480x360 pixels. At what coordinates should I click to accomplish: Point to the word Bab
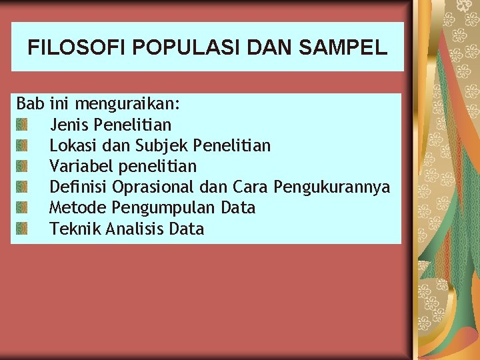click(30, 104)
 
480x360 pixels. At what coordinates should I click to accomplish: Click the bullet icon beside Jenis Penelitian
click(22, 125)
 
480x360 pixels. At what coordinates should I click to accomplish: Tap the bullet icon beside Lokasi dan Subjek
click(22, 145)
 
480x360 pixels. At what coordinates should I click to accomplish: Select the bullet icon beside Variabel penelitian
click(22, 166)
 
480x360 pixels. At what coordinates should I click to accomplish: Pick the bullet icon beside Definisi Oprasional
click(22, 187)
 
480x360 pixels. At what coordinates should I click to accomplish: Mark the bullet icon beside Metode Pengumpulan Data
click(22, 208)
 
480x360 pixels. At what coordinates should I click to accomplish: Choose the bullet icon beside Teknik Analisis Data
click(22, 229)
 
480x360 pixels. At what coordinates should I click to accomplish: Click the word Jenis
click(69, 125)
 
